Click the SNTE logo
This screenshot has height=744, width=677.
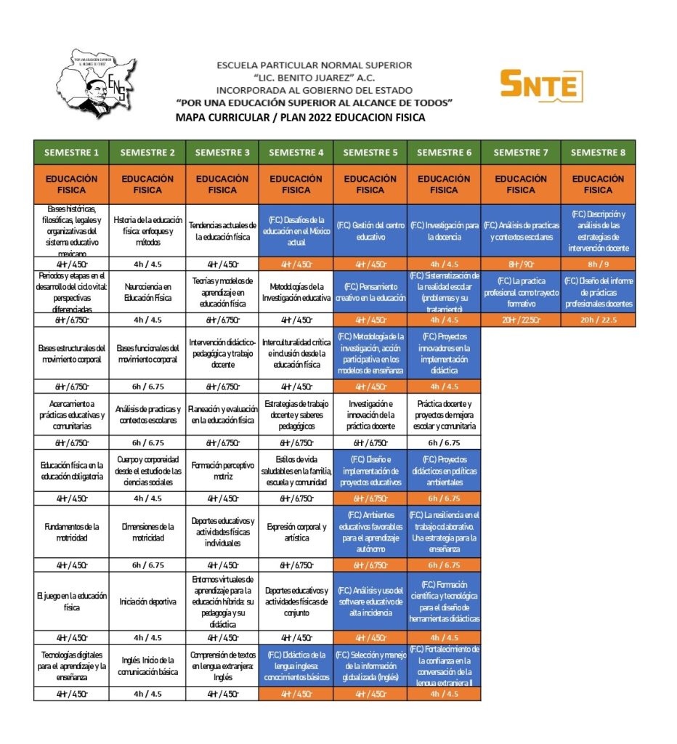541,86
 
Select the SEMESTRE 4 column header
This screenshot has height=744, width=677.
296,152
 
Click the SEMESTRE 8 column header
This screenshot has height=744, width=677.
598,152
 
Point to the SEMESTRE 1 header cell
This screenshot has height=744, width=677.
71,152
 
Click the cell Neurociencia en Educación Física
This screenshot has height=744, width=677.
147,292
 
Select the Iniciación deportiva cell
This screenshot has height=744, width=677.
147,602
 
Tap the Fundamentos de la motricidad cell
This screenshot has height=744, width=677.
71,532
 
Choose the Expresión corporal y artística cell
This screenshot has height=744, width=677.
296,532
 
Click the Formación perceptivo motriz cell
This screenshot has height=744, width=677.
222,470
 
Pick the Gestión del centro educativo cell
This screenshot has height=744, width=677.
370,231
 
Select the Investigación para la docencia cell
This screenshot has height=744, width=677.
444,231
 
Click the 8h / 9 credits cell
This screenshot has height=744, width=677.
598,264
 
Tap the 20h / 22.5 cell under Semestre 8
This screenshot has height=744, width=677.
598,320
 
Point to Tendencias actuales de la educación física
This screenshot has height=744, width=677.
222,231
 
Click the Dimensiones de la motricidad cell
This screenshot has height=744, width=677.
147,532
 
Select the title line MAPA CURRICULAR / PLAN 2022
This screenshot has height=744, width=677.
300,117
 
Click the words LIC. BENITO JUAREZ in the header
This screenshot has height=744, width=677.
315,78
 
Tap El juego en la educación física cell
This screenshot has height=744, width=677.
71,602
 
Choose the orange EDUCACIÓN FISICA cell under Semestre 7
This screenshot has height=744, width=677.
520,185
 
